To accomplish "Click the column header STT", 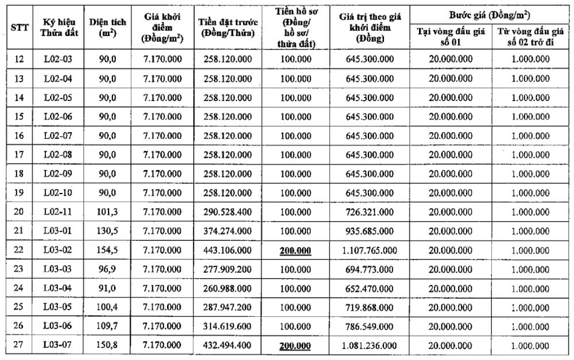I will [17, 27].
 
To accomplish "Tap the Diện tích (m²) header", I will [104, 27].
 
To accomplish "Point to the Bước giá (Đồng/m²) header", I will [488, 14].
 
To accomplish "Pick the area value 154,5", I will [107, 250].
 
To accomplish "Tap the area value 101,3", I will [107, 212].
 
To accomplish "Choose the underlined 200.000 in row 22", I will [295, 250].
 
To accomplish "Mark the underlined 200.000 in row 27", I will [295, 346].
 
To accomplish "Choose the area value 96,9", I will [107, 269].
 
